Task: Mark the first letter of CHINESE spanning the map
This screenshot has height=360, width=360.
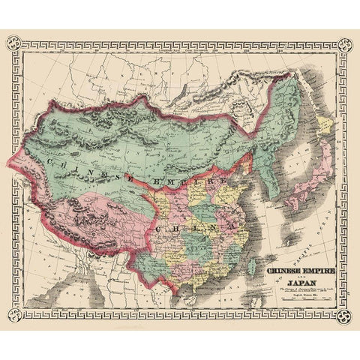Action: pos(49,159)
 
